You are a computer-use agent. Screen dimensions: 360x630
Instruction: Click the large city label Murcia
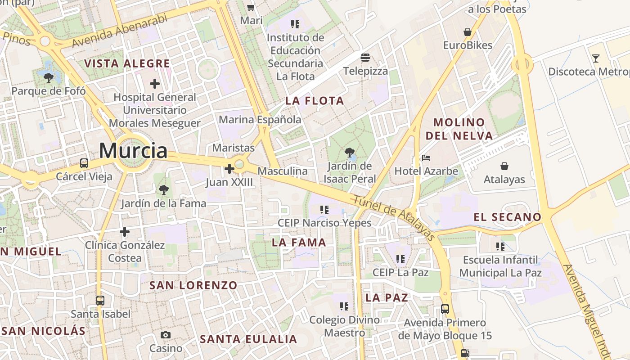tap(133, 150)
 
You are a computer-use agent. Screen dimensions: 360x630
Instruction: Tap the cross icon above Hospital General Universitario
tap(155, 84)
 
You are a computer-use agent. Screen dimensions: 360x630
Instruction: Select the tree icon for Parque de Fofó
tap(48, 78)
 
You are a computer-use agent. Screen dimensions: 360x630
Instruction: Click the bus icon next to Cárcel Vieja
tap(84, 163)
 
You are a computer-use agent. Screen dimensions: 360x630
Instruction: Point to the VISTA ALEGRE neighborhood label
tap(127, 63)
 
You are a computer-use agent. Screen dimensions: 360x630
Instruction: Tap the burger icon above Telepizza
tap(365, 58)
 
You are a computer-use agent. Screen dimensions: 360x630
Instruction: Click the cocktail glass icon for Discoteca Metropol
tap(596, 58)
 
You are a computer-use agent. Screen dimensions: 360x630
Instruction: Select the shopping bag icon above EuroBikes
tap(468, 32)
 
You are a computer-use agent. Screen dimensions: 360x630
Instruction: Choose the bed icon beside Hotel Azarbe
tap(426, 158)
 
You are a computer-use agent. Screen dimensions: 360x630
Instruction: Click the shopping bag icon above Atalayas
tap(504, 166)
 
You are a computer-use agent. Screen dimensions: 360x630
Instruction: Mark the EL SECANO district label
tap(507, 217)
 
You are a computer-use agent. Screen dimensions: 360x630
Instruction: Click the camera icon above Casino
tap(166, 335)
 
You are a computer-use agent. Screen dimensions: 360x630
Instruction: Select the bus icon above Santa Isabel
tap(100, 300)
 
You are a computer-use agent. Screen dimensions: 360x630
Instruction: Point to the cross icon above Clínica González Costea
tap(125, 232)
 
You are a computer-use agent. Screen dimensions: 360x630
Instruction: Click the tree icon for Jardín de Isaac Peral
tap(349, 153)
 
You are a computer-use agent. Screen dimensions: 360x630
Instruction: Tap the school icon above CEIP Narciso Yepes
tap(324, 209)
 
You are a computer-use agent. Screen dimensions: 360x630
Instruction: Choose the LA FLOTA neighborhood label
tap(315, 101)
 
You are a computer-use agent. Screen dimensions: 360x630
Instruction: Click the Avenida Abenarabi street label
tap(119, 31)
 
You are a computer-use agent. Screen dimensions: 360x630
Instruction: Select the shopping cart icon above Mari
tap(251, 8)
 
